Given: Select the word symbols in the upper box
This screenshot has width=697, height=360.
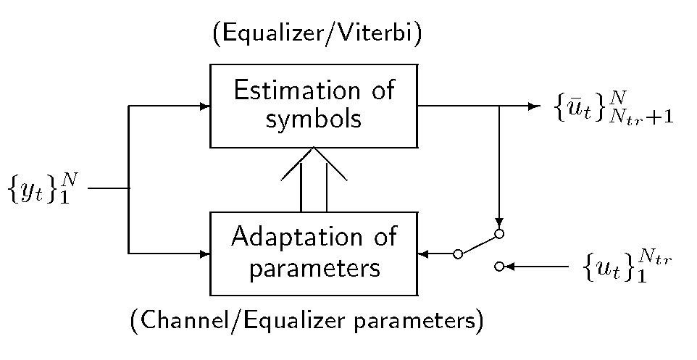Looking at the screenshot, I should (x=313, y=119).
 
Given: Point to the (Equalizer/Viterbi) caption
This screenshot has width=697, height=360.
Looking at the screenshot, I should (x=318, y=34).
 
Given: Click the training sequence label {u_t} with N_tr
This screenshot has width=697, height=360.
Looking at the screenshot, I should (x=627, y=267).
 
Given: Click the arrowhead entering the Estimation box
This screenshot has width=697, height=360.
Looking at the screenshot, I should (x=205, y=106).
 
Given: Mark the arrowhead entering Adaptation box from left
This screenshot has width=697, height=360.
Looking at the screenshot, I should (x=205, y=254).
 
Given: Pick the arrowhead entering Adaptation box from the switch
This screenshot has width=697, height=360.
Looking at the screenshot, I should (x=424, y=254).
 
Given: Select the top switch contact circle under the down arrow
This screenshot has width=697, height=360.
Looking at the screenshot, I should (x=498, y=234).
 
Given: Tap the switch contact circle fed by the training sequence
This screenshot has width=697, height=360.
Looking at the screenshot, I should (x=498, y=267).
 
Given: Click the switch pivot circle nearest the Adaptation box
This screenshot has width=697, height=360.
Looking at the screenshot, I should (x=457, y=254).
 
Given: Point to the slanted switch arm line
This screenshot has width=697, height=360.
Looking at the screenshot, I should (x=478, y=244).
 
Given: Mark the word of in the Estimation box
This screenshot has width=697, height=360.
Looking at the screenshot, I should (x=382, y=91).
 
